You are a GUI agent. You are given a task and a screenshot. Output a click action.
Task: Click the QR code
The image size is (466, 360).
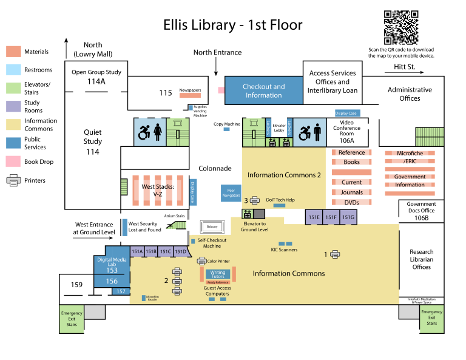(401, 27)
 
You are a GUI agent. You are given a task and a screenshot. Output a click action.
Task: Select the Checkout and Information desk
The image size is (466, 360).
(263, 90)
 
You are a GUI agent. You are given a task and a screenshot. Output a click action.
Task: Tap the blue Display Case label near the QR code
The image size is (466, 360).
(346, 114)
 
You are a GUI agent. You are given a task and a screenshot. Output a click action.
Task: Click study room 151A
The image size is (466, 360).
(137, 251)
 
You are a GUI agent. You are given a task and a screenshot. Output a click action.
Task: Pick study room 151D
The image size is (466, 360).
(181, 251)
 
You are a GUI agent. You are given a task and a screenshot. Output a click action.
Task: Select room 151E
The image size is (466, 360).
(314, 217)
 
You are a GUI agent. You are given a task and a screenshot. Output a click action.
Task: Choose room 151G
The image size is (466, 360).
(348, 217)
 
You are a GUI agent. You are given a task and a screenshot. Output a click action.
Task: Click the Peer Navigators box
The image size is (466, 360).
(231, 193)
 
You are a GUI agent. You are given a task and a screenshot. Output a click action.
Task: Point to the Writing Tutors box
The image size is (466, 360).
(218, 274)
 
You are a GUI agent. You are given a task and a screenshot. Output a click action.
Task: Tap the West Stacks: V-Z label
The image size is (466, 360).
(158, 191)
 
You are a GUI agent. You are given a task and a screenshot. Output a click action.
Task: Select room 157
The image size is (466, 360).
(121, 291)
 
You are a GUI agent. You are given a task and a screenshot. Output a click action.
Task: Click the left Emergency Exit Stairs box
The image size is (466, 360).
(72, 319)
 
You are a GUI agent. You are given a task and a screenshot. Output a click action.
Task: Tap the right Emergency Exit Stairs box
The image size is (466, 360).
(431, 319)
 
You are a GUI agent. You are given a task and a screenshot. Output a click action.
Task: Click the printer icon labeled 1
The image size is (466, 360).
(335, 254)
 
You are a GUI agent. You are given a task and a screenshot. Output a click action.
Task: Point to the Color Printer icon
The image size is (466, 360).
(202, 261)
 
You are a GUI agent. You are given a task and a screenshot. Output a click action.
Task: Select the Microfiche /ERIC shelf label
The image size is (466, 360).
(409, 157)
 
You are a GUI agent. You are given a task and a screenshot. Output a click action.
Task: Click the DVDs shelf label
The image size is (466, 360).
(351, 203)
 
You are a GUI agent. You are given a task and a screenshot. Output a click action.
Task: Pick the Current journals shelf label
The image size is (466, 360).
(351, 182)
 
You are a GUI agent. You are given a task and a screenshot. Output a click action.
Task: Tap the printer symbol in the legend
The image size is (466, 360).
(13, 180)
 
